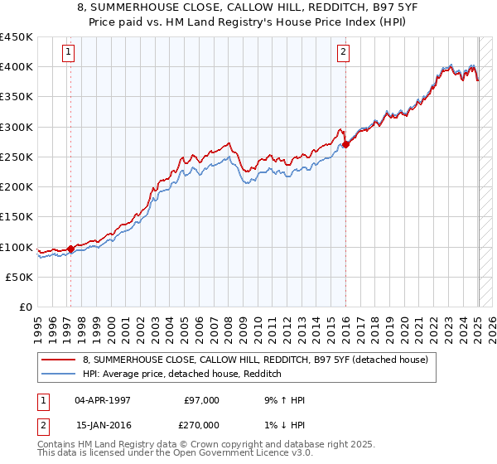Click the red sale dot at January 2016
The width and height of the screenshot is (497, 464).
tap(345, 144)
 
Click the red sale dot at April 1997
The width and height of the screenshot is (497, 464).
tap(70, 248)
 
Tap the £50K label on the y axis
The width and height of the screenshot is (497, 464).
tap(20, 278)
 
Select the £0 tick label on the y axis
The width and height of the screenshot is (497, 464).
tap(26, 307)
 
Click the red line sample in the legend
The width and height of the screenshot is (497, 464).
tap(60, 360)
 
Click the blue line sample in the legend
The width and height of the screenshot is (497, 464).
tap(60, 374)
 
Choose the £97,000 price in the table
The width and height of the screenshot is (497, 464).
tap(202, 400)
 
